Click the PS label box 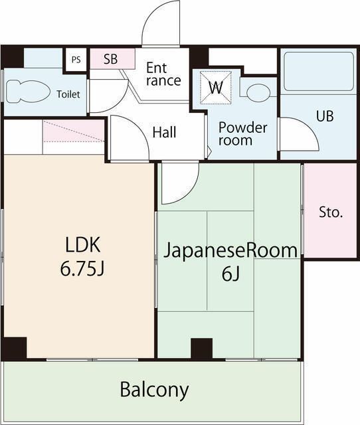click(76, 59)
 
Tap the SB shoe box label click(111, 59)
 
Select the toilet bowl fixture click(28, 92)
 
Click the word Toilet click(68, 94)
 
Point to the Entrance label click(163, 74)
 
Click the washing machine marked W click(216, 87)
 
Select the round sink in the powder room click(258, 93)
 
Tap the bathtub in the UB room click(319, 71)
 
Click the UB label click(325, 116)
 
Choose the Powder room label click(242, 134)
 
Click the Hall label click(164, 132)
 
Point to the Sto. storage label click(331, 212)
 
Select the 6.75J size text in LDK click(82, 269)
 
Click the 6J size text click(230, 274)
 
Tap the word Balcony click(154, 390)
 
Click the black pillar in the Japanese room click(201, 348)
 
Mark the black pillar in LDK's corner click(15, 349)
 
